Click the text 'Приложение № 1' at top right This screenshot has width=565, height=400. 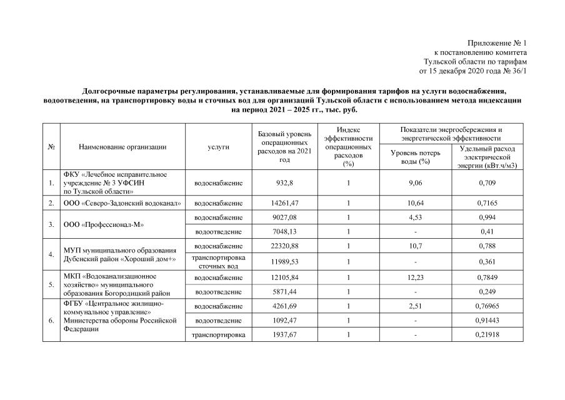point(497,43)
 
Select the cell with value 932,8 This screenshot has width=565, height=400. point(284,183)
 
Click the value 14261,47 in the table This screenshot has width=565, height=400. point(284,203)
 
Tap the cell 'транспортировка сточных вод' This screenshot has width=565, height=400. point(218,261)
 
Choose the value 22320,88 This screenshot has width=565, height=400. point(284,247)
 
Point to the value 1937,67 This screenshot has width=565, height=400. point(284,335)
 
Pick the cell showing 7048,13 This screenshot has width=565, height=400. point(284,232)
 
